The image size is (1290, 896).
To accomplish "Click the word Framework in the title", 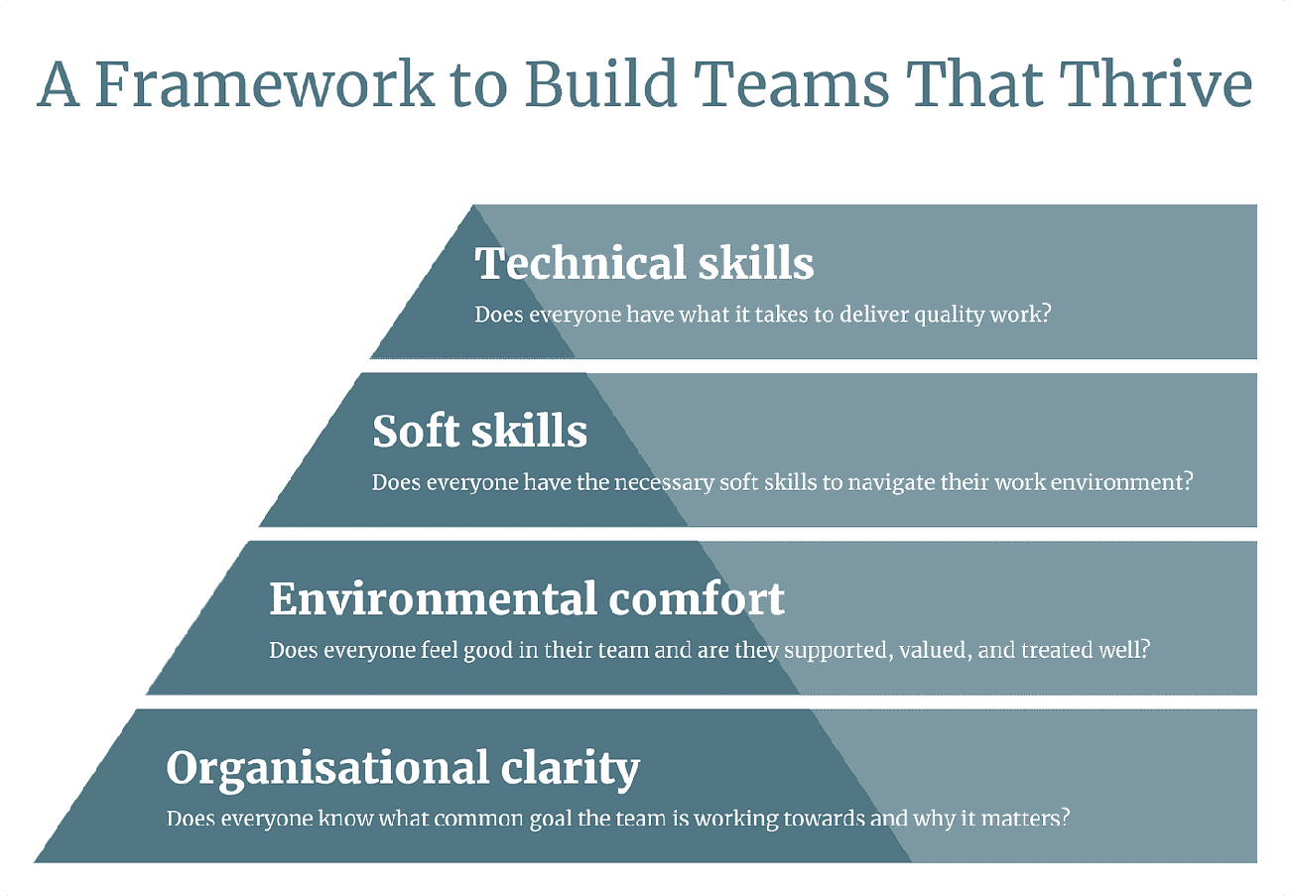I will click(x=266, y=85).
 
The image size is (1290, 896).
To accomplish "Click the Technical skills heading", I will click(x=644, y=263).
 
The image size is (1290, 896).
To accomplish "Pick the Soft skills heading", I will click(x=479, y=432).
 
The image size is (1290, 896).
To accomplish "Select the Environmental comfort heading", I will click(x=527, y=599).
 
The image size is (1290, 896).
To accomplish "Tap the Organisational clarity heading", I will click(x=403, y=768).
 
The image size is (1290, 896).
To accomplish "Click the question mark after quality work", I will click(x=1045, y=316).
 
